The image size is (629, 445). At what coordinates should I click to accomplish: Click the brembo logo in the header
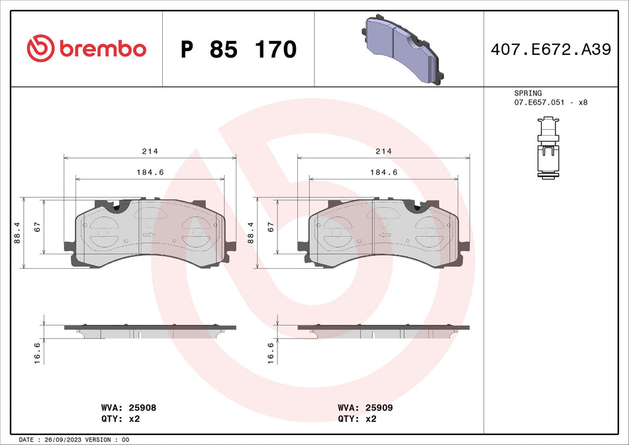[86, 48]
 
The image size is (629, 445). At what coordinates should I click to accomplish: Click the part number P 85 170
[238, 49]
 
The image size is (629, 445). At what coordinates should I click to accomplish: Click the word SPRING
[528, 93]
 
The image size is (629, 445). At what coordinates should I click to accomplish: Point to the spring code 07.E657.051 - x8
[550, 103]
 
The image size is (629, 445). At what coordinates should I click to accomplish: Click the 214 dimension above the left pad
[150, 151]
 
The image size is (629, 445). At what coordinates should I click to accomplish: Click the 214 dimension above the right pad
[383, 151]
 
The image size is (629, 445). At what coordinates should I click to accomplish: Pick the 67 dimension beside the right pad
[271, 226]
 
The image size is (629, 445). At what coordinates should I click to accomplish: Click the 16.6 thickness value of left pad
[37, 352]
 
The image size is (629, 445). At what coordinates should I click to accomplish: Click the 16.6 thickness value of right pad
[271, 352]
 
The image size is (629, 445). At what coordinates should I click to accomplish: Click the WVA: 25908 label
[128, 408]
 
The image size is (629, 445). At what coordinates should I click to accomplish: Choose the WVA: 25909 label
[365, 408]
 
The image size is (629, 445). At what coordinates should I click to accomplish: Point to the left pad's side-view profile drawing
[150, 329]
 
